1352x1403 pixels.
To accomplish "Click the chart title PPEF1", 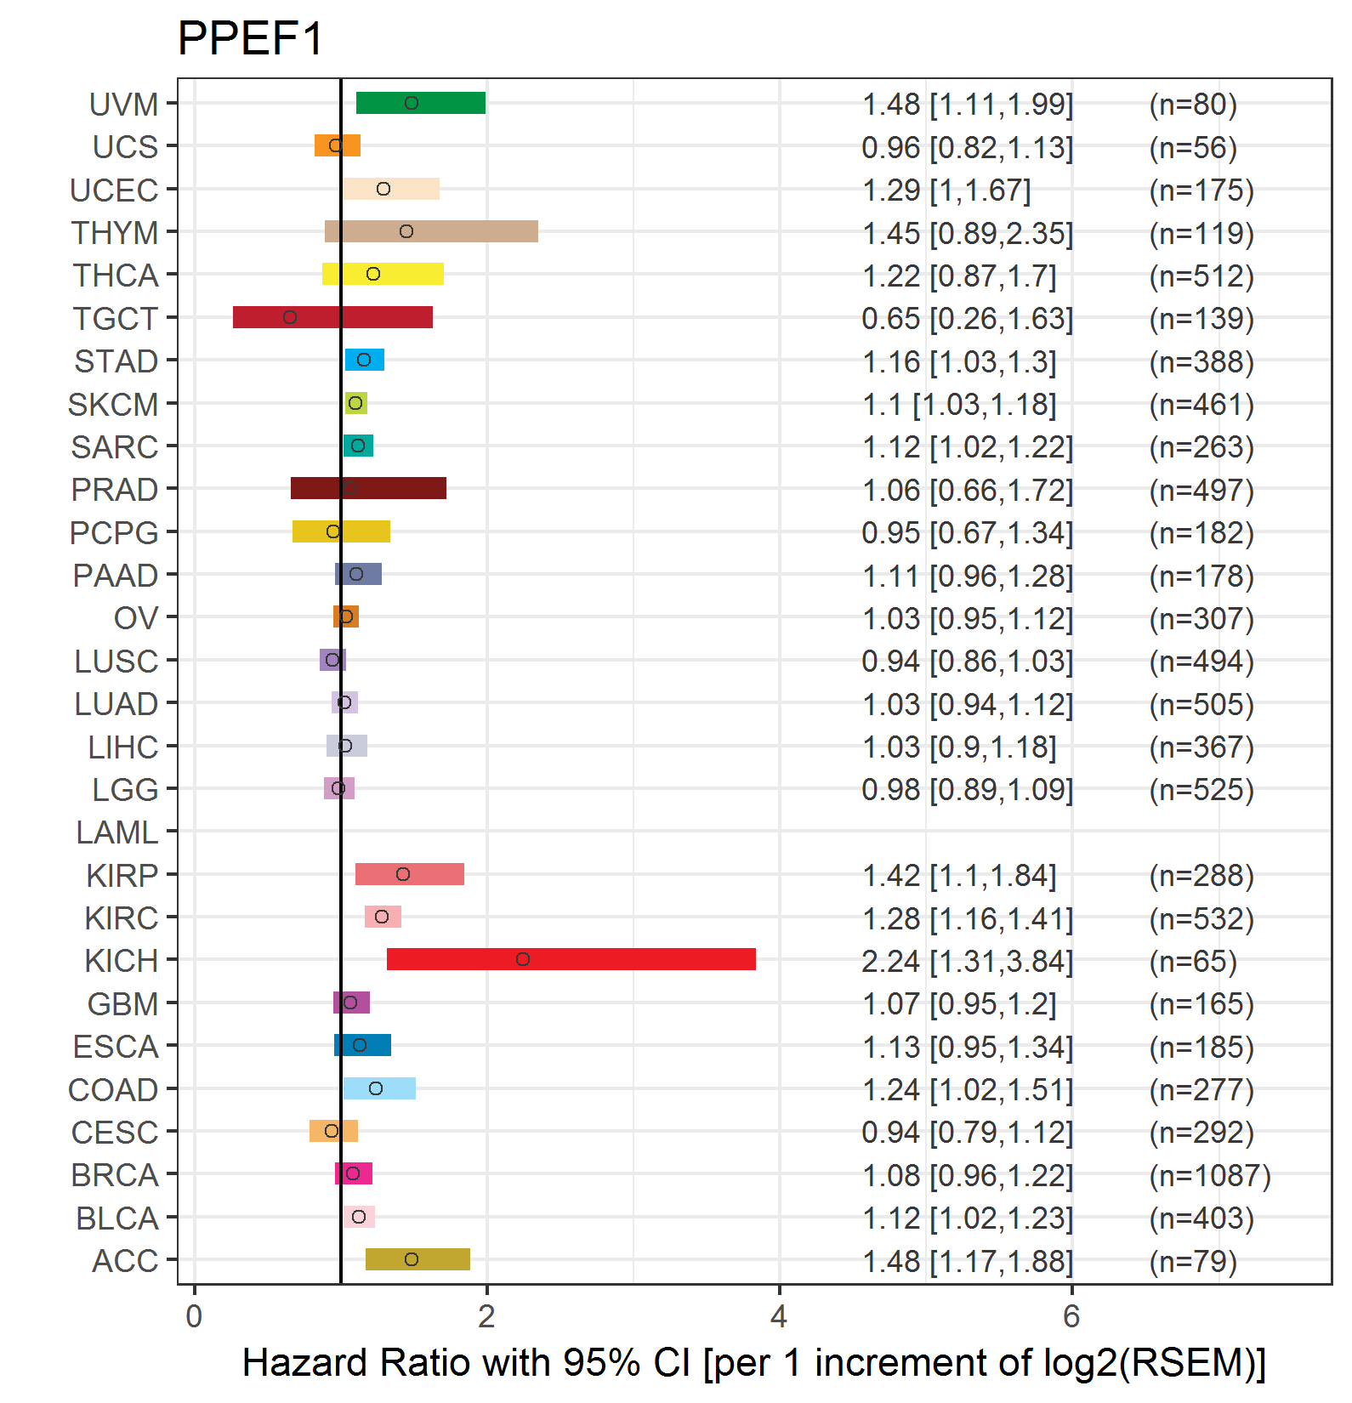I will click(x=250, y=38).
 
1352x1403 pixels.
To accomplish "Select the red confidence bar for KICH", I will click(x=571, y=959).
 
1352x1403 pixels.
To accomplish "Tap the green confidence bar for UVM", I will click(x=420, y=103).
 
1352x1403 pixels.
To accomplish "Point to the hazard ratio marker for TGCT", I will click(x=290, y=317).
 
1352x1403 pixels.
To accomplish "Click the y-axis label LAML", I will click(x=116, y=832).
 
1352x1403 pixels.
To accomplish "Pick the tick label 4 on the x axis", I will click(x=778, y=1316).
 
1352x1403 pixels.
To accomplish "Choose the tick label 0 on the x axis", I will click(x=194, y=1316).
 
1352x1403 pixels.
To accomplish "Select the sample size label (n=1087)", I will click(x=1209, y=1175).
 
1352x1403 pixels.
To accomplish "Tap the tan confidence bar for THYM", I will click(x=431, y=231).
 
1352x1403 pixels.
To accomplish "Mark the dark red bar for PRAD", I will click(x=368, y=488).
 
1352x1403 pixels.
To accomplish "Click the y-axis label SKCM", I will click(x=113, y=405).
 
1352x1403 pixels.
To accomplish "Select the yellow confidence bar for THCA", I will click(x=383, y=274).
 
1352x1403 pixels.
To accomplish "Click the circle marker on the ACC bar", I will click(x=412, y=1259).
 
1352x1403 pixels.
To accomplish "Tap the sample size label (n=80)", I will click(x=1192, y=105).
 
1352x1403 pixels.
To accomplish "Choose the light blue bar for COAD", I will click(x=379, y=1088).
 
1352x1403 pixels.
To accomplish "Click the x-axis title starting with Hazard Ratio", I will click(x=753, y=1363).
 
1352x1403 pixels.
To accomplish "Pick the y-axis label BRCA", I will click(x=115, y=1175).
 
